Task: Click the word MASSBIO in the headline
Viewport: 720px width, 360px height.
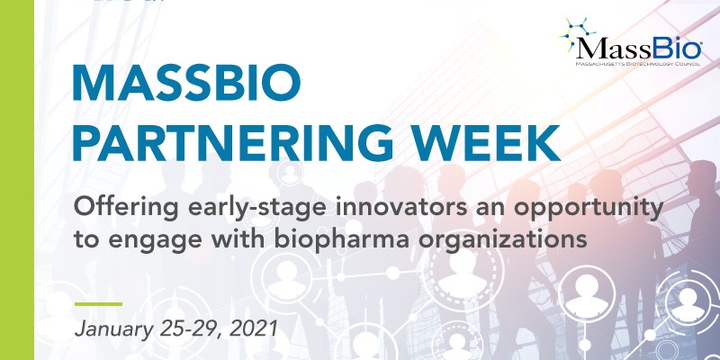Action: [x=186, y=85]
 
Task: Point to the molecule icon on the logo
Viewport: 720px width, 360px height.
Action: [x=577, y=33]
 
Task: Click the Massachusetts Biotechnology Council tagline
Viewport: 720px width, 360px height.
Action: [x=638, y=64]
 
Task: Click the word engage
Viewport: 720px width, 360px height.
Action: [x=142, y=241]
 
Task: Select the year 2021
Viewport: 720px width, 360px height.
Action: [x=253, y=328]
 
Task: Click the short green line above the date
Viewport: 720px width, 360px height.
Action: [x=98, y=304]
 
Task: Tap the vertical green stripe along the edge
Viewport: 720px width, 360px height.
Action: [x=17, y=180]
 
